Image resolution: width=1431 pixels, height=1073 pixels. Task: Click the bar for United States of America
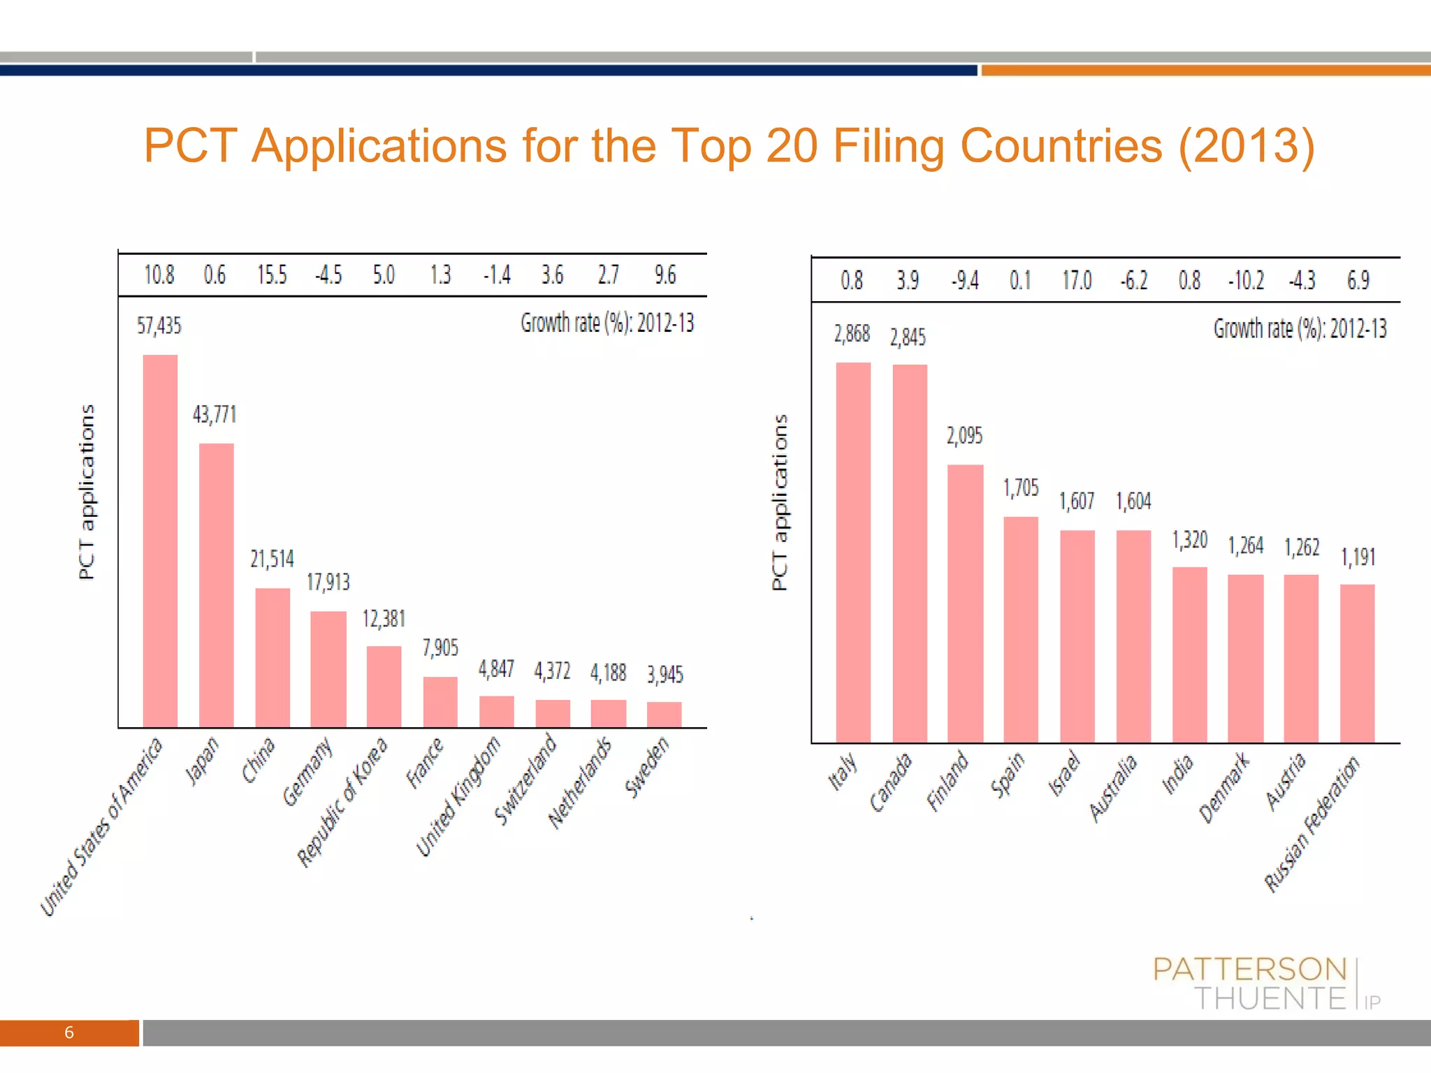pyautogui.click(x=160, y=541)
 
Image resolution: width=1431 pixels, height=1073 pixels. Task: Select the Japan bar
pyautogui.click(x=216, y=585)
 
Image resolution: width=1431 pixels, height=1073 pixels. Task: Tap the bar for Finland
pyautogui.click(x=965, y=604)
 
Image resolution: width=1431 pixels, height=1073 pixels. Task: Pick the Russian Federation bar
pyautogui.click(x=1357, y=663)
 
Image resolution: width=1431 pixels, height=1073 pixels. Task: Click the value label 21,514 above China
pyautogui.click(x=272, y=559)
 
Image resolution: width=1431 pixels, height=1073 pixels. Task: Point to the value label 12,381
pyautogui.click(x=384, y=619)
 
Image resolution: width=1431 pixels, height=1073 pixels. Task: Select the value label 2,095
pyautogui.click(x=964, y=436)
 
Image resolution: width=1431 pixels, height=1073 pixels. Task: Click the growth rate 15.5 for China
pyautogui.click(x=272, y=275)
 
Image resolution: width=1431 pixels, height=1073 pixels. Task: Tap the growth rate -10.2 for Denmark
pyautogui.click(x=1246, y=281)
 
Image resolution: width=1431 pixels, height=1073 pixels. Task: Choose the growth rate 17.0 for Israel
pyautogui.click(x=1077, y=281)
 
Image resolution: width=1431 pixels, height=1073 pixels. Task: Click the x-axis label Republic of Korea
pyautogui.click(x=342, y=803)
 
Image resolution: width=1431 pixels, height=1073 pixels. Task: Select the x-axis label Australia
pyautogui.click(x=1113, y=789)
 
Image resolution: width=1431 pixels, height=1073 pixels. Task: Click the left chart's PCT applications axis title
pyautogui.click(x=86, y=492)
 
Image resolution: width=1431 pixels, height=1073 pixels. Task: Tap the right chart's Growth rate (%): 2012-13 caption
pyautogui.click(x=1300, y=328)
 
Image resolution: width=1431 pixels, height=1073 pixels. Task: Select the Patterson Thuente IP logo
pyautogui.click(x=1265, y=984)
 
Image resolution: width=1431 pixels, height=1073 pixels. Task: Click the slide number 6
pyautogui.click(x=69, y=1032)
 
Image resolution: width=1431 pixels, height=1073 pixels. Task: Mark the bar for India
pyautogui.click(x=1189, y=655)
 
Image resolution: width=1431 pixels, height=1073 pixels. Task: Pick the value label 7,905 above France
pyautogui.click(x=440, y=648)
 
